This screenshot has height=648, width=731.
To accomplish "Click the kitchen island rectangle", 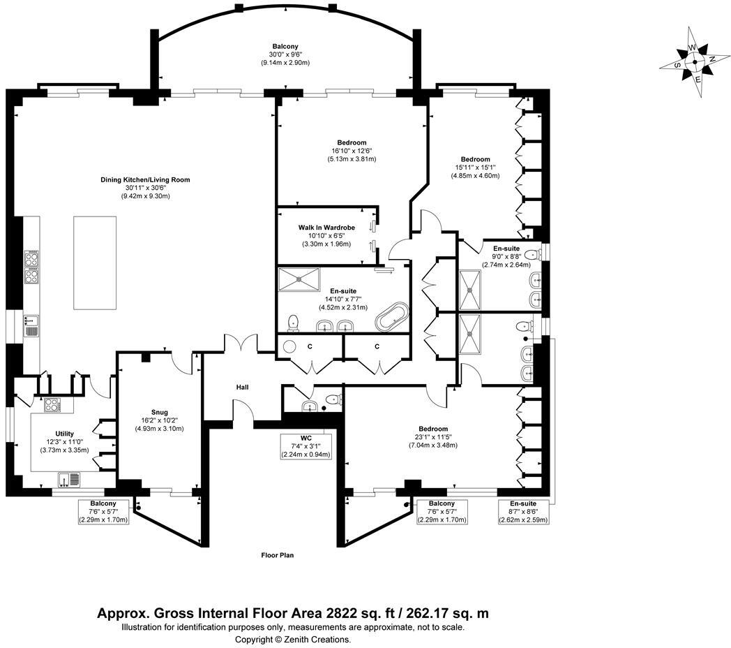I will tap(95, 263).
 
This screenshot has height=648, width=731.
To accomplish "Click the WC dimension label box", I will tap(306, 446).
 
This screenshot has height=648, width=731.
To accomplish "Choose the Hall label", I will tap(242, 387).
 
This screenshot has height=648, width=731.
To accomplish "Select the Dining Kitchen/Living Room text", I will tap(145, 180).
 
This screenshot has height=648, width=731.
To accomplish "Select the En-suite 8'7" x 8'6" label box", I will tap(523, 512).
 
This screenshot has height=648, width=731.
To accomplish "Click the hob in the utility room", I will tap(53, 404).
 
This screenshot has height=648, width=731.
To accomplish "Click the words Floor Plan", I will tap(277, 556).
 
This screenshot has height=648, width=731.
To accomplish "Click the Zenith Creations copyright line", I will tap(293, 639).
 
